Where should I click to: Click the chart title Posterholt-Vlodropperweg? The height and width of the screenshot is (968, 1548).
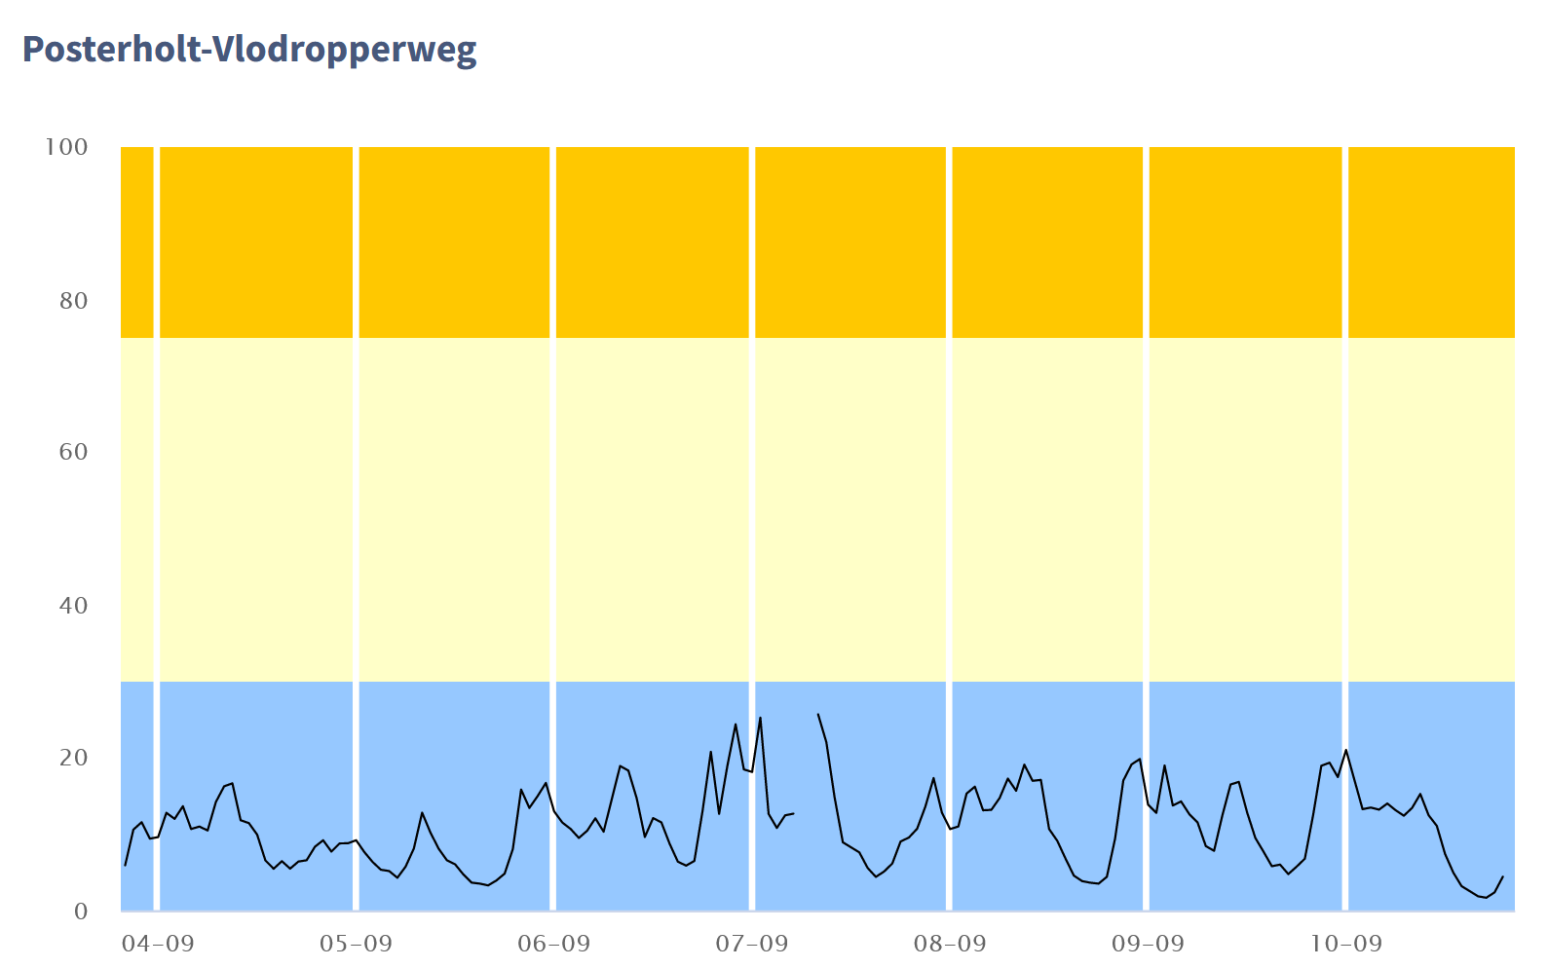click(x=249, y=49)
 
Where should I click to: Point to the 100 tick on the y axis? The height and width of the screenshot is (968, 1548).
click(x=66, y=147)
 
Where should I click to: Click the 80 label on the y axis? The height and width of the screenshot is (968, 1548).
click(x=73, y=300)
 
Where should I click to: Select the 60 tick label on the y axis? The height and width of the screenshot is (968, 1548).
click(x=73, y=452)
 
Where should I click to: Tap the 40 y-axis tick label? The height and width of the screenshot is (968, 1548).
click(x=73, y=605)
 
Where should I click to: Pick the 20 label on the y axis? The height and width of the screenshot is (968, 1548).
click(x=73, y=758)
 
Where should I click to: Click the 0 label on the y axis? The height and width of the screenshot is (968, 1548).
click(x=81, y=912)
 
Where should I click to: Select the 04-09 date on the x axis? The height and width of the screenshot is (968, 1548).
click(x=158, y=943)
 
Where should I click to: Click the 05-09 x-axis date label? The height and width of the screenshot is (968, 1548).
click(x=356, y=943)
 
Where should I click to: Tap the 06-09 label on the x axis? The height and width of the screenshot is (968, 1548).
click(x=553, y=943)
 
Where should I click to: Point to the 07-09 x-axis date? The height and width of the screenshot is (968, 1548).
click(x=751, y=943)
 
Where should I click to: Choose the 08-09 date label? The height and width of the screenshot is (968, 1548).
click(x=950, y=943)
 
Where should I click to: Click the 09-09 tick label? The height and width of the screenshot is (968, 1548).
click(x=1148, y=943)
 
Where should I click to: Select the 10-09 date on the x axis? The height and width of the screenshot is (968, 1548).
click(x=1345, y=943)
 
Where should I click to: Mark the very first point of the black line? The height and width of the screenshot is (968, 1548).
click(x=125, y=865)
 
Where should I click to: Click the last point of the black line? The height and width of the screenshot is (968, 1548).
click(x=1503, y=876)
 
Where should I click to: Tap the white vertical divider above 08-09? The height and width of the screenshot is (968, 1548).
click(x=949, y=487)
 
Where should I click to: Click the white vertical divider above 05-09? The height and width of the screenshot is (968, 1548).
click(x=356, y=487)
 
